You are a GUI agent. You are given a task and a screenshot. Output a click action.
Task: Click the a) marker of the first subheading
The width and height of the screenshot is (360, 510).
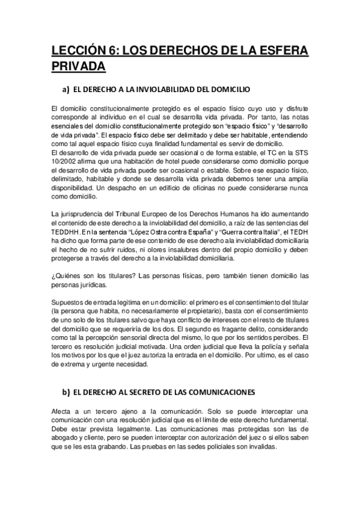click(x=67, y=90)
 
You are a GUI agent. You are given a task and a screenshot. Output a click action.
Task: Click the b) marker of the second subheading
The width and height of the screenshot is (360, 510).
click(x=67, y=392)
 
